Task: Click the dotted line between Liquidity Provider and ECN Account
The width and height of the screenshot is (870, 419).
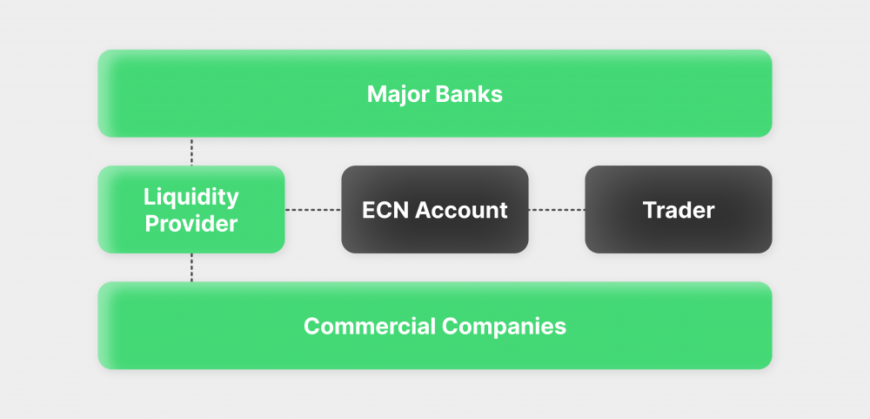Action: (313, 210)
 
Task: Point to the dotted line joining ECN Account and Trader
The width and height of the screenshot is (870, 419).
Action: (557, 210)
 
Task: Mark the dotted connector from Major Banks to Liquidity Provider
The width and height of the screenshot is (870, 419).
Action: (191, 151)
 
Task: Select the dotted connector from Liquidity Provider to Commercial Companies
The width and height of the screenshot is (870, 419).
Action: (191, 267)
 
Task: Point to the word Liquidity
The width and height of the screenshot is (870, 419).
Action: (191, 196)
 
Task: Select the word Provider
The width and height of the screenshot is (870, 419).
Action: (191, 224)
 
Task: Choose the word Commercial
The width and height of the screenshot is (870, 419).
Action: (369, 327)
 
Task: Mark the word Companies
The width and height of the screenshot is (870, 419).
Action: (504, 327)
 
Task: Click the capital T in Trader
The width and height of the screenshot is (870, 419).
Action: (649, 210)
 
